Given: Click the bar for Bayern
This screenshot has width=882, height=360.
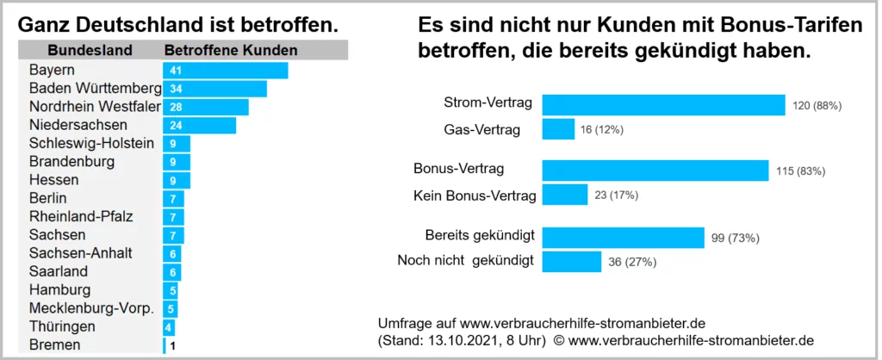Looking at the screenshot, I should coord(225,70).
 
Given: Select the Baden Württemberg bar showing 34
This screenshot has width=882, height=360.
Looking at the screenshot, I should coord(214,89).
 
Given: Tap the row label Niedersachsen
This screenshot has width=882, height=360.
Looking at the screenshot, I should coord(73,126).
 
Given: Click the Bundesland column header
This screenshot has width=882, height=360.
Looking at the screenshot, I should coord(90,50).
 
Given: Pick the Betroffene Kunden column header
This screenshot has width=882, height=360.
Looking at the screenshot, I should coord(230,50).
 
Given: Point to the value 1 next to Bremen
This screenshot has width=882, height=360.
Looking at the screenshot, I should coord(172,345).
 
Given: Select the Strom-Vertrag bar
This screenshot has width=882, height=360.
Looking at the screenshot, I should coord(663,105).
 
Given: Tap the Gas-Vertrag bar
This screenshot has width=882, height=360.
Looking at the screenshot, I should coord(558,129).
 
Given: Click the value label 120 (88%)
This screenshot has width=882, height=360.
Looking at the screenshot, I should coord(816,106).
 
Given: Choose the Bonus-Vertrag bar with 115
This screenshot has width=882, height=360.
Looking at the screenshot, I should coord(655,171).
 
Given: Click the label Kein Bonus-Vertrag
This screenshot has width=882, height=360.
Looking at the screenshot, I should coord(475,196).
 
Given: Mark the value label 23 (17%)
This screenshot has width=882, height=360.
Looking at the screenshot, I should coord(616,196).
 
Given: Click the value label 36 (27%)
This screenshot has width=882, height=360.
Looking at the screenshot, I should coord(632,261).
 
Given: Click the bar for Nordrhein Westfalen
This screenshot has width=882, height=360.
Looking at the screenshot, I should coord(205,107).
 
